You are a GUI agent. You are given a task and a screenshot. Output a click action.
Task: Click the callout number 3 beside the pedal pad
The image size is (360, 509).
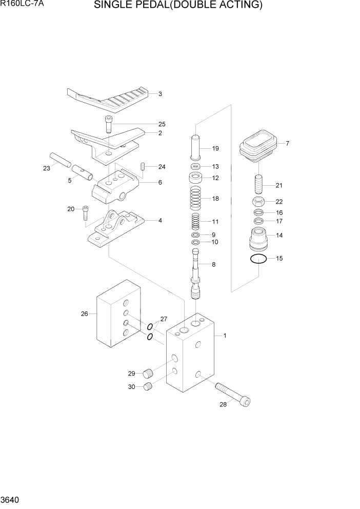pos(160,94)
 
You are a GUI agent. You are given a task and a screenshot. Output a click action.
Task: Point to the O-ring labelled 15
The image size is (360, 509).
pos(258,259)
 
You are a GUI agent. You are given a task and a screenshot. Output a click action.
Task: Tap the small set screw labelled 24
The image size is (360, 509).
pos(144,166)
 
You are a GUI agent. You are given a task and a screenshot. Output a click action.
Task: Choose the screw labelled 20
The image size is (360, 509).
pos(86,213)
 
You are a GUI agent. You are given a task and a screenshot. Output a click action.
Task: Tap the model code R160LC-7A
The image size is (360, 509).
pos(21,6)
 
